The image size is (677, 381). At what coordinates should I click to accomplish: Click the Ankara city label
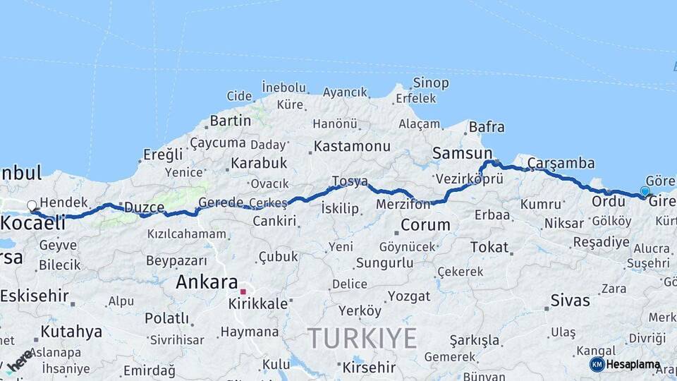pos(206,282)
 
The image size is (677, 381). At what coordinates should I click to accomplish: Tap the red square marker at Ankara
pos(243,291)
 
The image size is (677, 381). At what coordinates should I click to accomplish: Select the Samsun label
pos(462,153)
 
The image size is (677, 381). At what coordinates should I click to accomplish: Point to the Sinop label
pos(431,83)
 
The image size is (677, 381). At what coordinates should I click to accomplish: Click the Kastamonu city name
pos(352,146)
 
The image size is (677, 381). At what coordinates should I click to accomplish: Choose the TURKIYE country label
pos(362,337)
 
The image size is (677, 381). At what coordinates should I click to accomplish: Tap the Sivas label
pos(571,301)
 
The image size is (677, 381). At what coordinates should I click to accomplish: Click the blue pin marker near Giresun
pos(645,191)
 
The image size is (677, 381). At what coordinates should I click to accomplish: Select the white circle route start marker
pos(32,206)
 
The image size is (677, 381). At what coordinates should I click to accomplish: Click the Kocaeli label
pos(32,222)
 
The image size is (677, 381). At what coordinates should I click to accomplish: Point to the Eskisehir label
pos(34,296)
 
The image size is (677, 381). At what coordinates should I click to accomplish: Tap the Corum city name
pos(425,225)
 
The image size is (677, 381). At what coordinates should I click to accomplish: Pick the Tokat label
pos(489,247)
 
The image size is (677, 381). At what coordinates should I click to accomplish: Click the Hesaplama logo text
pos(633,365)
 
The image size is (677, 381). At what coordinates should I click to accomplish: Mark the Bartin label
pos(230,121)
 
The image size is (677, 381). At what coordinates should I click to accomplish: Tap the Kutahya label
pos(71,331)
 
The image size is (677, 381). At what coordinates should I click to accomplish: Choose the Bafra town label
pos(487,128)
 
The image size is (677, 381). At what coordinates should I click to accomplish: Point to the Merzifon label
pos(403,205)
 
